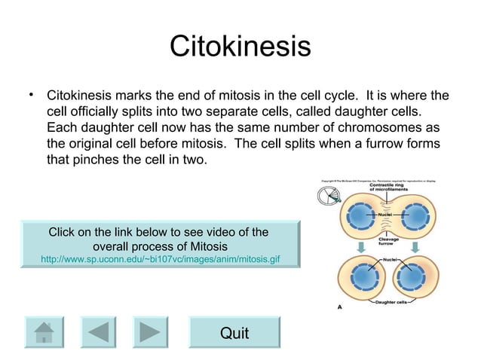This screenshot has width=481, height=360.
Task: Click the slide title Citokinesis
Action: [x=240, y=46]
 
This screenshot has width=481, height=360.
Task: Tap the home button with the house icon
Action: [x=44, y=332]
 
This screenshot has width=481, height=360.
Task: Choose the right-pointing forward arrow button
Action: [x=150, y=332]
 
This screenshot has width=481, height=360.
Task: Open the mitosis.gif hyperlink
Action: [x=160, y=259]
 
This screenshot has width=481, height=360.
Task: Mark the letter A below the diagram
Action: [x=340, y=307]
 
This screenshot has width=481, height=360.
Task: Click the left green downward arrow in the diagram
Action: [x=360, y=246]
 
